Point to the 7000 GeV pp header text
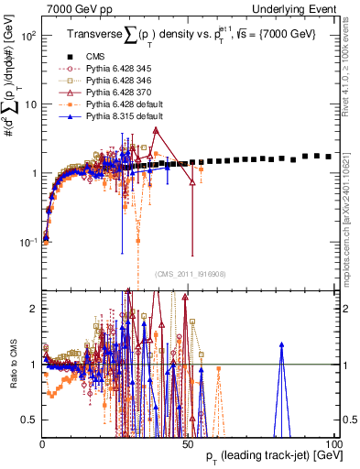click(73, 8)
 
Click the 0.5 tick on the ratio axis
click(30, 420)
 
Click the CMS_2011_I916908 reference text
click(191, 273)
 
